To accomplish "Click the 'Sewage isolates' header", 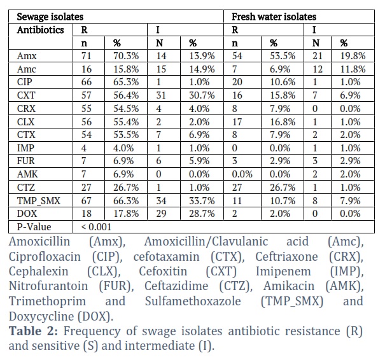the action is point(50,17).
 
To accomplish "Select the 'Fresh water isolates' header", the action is point(274,17).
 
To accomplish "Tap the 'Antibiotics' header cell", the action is point(40,30).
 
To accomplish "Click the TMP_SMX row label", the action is point(39,201).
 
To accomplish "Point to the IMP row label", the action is point(25,148).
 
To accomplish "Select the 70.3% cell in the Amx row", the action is point(126,56).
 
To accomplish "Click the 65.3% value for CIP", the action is point(126,82).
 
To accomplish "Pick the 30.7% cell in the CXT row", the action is point(202,95).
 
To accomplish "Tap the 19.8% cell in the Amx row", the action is point(353,56).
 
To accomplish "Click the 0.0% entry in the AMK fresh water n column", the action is point(242,174).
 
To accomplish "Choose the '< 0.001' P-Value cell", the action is point(96,227).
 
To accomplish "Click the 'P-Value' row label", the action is point(34,227).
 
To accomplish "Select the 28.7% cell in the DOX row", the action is point(202,214).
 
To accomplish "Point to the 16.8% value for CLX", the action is point(283,121).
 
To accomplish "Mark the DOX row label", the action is point(27,214).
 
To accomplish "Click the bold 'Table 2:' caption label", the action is point(33,331).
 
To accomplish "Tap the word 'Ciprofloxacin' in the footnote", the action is point(45,257).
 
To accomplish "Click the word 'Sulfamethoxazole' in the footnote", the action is point(193,301).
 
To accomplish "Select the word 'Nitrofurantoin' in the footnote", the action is point(48,286).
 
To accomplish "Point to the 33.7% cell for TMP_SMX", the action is point(202,201).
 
